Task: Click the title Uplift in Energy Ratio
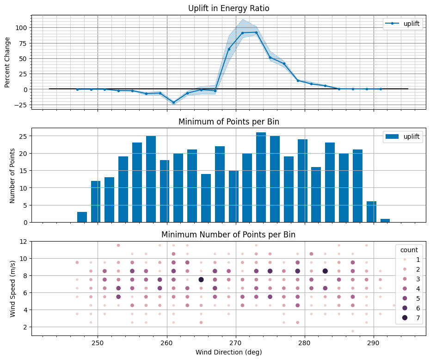coord(228,8)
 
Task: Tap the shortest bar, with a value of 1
coord(385,220)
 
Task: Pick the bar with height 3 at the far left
coord(82,217)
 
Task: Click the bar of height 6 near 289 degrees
coord(371,212)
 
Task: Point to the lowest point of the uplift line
coord(174,102)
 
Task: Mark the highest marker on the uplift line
coord(256,32)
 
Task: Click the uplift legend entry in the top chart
coord(403,25)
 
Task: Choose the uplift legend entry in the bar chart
coord(403,137)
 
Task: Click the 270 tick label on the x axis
coord(236,343)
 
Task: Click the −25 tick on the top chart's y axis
coord(21,105)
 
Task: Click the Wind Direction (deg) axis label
coord(228,353)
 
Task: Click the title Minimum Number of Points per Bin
coord(228,235)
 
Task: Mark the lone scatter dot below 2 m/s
coord(352,331)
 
